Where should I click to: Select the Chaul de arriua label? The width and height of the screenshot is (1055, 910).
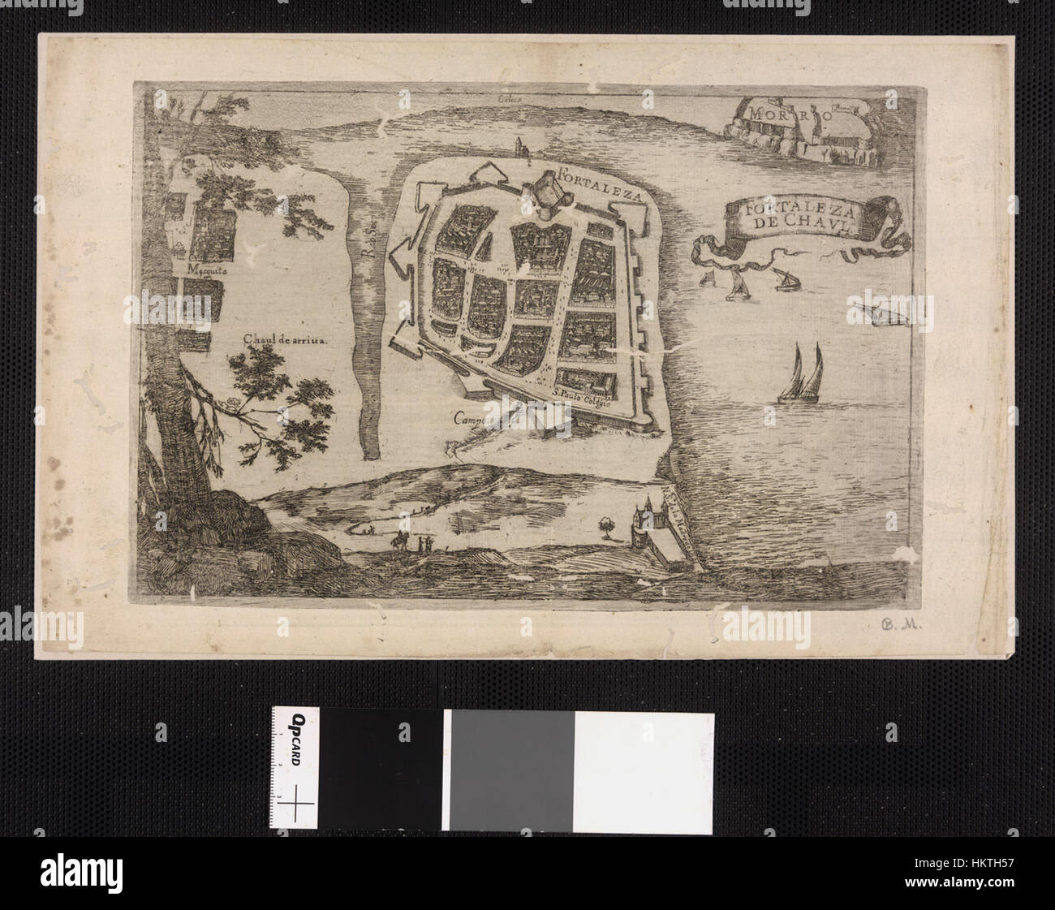tap(283, 342)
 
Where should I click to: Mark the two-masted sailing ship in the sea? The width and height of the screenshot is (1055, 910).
tap(799, 375)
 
